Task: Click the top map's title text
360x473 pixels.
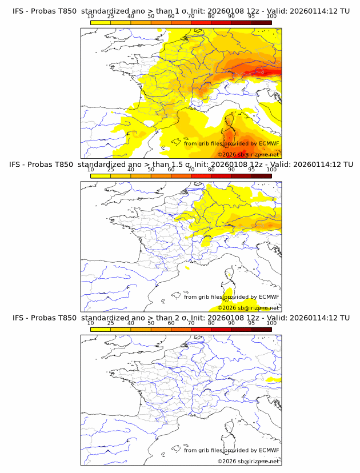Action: [181, 11]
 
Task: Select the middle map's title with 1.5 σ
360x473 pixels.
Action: [181, 164]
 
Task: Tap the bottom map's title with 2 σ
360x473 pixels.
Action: [181, 318]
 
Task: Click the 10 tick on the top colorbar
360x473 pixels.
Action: [91, 17]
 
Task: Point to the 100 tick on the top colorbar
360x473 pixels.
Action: [271, 17]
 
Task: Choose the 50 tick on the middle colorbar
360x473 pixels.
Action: [151, 170]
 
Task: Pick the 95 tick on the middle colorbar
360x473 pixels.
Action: [251, 170]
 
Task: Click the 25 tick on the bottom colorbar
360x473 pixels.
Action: [111, 323]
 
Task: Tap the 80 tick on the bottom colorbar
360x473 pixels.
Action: [211, 323]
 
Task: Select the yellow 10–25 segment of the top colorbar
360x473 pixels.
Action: [101, 22]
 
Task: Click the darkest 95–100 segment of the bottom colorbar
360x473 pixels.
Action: [261, 330]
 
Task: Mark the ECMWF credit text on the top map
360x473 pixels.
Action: [231, 143]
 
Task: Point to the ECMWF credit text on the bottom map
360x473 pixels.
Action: [231, 450]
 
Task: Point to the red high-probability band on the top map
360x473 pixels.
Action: [260, 73]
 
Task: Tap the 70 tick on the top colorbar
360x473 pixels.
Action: [191, 17]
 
